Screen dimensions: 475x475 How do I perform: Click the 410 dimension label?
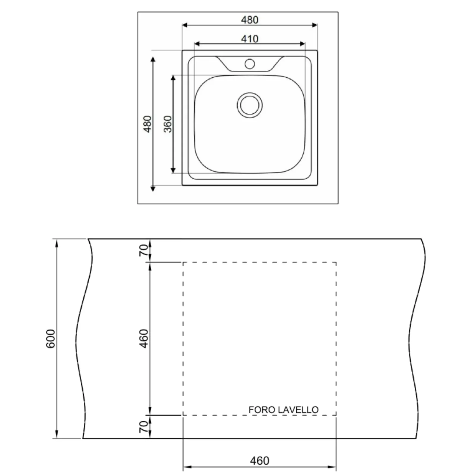[249, 39]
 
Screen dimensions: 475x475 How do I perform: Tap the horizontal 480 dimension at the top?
[249, 20]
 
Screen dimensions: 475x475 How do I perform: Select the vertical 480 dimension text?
[147, 124]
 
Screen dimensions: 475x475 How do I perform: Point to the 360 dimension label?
[168, 124]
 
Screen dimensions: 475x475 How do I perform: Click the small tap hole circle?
[250, 64]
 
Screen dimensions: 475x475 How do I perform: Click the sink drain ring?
[250, 105]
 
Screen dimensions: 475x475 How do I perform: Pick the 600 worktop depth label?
[51, 338]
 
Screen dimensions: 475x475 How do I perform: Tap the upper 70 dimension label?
[144, 250]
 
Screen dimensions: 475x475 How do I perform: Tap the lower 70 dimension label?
[144, 426]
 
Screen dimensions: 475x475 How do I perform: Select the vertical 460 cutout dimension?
[144, 338]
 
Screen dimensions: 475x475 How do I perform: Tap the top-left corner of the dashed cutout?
[183, 262]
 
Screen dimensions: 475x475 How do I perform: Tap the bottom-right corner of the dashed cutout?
[336, 415]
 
